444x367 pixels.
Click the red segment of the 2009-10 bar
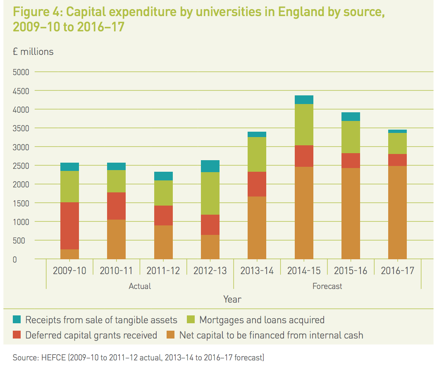[69, 226]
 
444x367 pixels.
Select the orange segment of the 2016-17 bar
[397, 212]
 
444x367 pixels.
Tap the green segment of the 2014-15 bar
[304, 125]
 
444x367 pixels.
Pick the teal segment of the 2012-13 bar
[210, 166]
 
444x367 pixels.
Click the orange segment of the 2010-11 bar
[116, 239]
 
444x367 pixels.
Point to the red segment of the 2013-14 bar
[257, 184]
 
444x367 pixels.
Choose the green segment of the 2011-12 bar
[163, 193]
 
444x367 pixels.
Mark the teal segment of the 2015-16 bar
[351, 116]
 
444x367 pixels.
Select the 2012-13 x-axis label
[210, 271]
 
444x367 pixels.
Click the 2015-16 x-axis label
[351, 271]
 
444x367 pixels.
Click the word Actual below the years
[140, 286]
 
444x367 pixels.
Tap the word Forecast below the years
[327, 286]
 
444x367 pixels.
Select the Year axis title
[232, 299]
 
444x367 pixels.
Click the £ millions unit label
[33, 52]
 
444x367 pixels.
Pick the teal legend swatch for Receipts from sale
[17, 320]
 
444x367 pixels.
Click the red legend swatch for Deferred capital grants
[17, 335]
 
